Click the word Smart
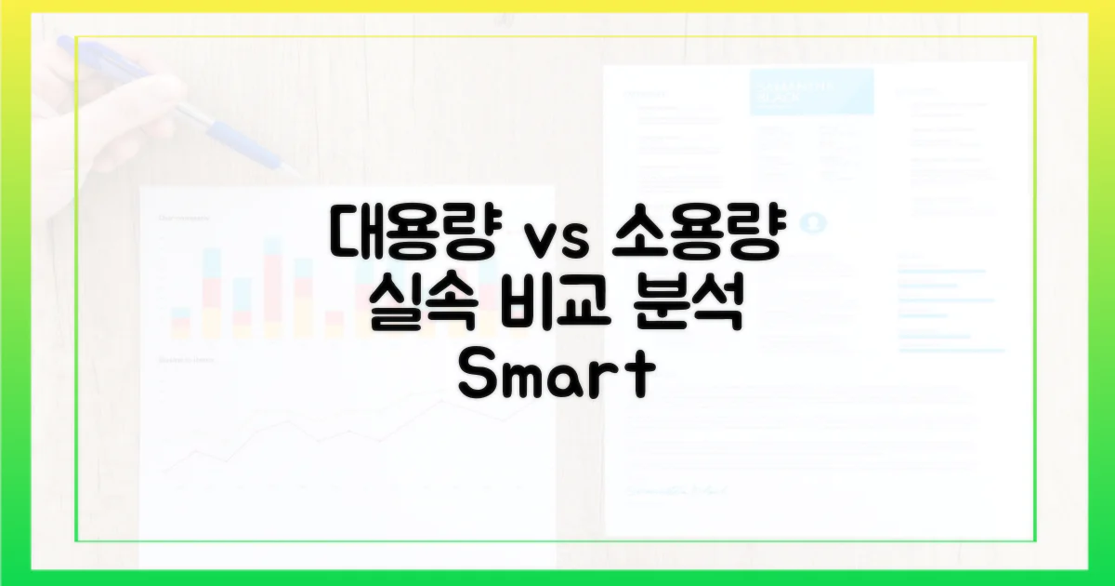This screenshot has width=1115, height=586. click(557, 377)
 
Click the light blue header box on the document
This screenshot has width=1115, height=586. click(811, 91)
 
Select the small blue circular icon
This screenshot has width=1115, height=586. click(816, 223)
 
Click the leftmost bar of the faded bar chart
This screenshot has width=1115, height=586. click(181, 321)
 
